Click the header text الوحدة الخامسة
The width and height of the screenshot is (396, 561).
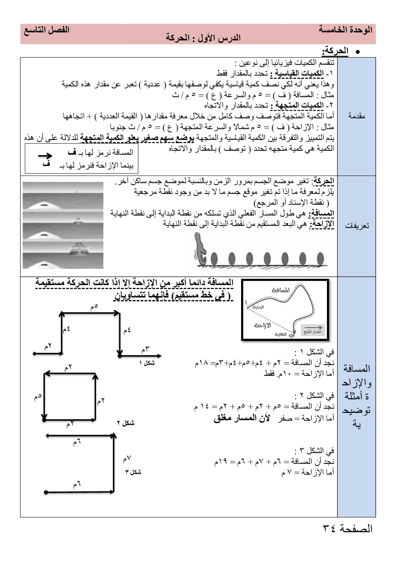pos(345,30)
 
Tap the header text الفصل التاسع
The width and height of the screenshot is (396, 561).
pos(47,30)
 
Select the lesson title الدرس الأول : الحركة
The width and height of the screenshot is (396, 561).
pos(203,38)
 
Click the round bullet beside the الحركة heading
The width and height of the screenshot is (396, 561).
pos(358,52)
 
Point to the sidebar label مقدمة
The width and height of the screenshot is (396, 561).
pos(356,116)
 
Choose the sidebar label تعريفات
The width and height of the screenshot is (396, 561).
pos(356,226)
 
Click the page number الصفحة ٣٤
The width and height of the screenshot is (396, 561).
pos(347,529)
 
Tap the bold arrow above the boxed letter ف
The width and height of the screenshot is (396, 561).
pos(45,156)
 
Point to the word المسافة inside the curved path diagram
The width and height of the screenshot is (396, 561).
pos(281,290)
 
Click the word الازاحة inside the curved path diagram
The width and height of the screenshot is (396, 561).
pos(263,325)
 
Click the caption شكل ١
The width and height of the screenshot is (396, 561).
pos(147,363)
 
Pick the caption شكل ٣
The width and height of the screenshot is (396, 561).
pos(133,472)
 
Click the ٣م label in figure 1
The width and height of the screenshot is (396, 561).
pos(145,349)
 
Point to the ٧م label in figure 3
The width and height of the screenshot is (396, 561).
pos(127,459)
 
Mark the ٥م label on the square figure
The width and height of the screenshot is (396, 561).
pos(38,397)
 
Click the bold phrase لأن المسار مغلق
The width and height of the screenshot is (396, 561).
pos(242,418)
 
